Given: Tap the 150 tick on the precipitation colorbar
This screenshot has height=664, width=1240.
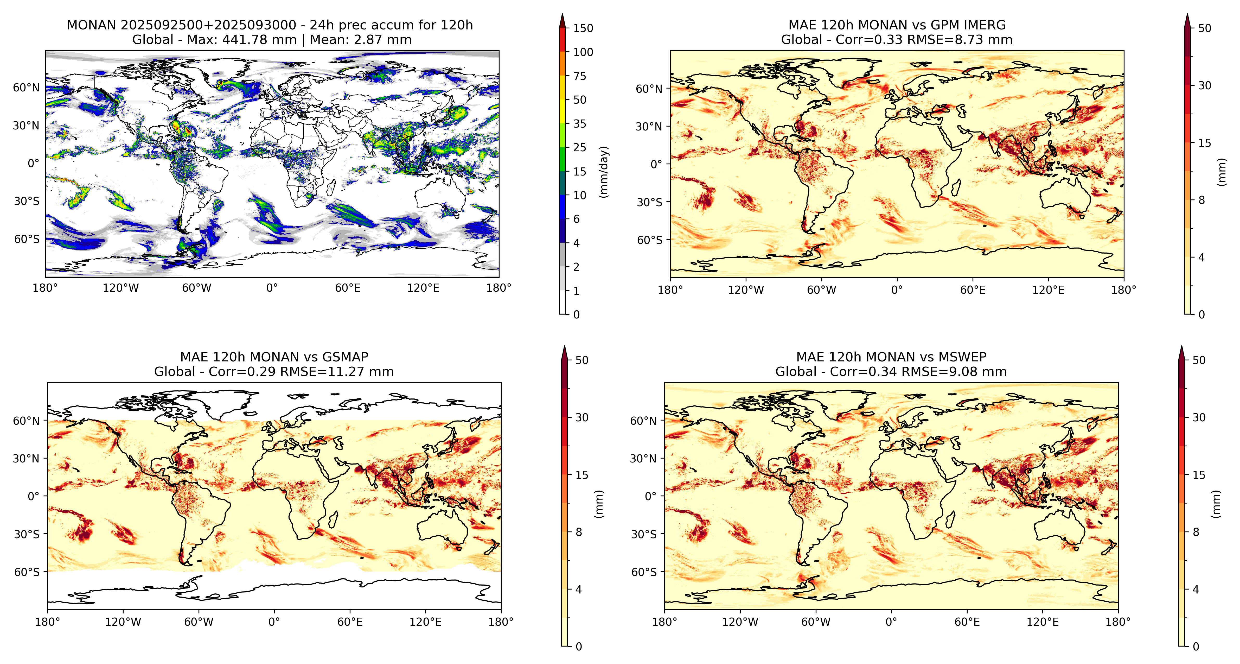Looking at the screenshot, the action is point(583,28).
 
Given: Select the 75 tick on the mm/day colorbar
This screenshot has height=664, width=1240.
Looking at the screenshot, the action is point(580,76).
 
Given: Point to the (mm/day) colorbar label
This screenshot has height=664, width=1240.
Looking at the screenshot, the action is point(604,172).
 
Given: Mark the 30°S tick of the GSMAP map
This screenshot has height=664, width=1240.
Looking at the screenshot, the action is point(27,534).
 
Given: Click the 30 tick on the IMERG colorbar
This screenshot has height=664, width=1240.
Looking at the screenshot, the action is point(1204,85).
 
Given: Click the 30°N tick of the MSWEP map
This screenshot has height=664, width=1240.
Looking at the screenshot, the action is point(643,458).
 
